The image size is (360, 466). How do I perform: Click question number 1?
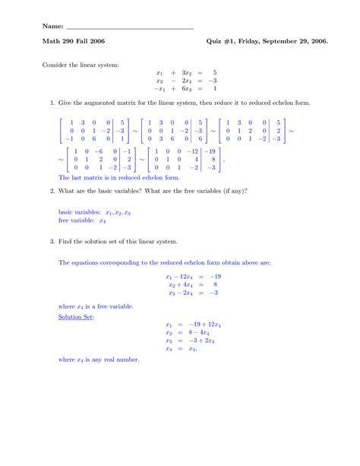51,102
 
